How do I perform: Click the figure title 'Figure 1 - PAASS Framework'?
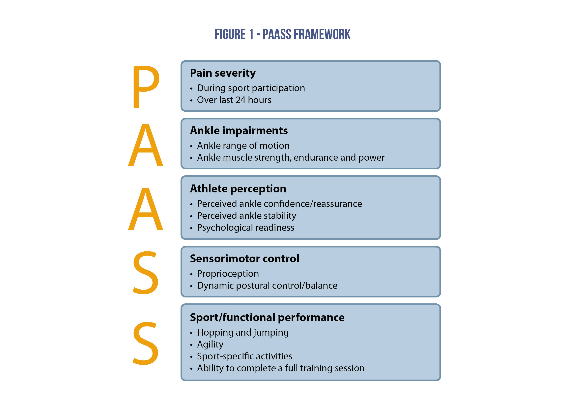[282, 34]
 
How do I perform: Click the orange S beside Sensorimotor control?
[146, 273]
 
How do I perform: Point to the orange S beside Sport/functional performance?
[146, 343]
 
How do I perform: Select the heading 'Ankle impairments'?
[239, 130]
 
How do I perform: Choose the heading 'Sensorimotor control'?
[244, 259]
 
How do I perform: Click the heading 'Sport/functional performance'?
[267, 317]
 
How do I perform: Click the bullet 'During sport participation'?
[251, 88]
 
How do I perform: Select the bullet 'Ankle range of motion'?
[243, 146]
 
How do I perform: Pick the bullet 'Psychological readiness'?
[245, 228]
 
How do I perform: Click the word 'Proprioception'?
[228, 274]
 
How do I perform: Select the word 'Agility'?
[210, 344]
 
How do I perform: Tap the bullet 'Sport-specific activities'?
[244, 356]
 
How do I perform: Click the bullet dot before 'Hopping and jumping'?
[191, 333]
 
